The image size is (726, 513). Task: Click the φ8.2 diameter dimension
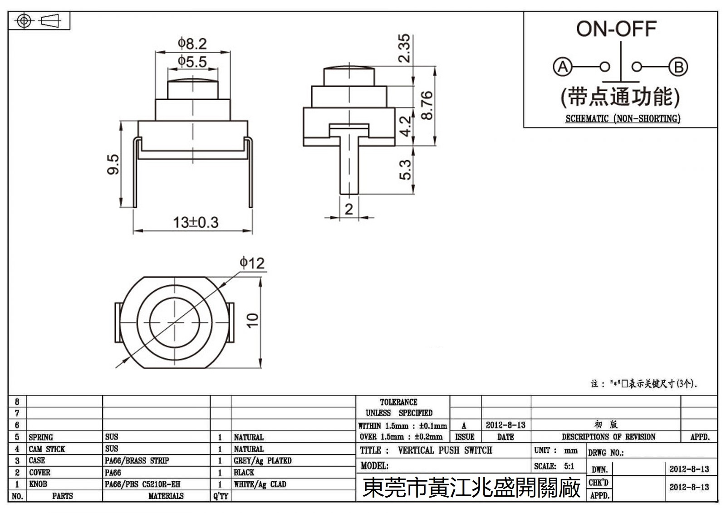pyautogui.click(x=192, y=44)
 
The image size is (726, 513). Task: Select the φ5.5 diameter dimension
pyautogui.click(x=192, y=61)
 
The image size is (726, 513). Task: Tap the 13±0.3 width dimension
pyautogui.click(x=196, y=222)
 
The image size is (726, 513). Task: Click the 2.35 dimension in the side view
pyautogui.click(x=404, y=48)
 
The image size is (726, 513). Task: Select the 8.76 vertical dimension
pyautogui.click(x=427, y=105)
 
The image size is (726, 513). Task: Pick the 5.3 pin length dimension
pyautogui.click(x=405, y=169)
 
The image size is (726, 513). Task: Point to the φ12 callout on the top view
pyautogui.click(x=252, y=263)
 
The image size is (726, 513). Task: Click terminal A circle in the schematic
pyautogui.click(x=563, y=67)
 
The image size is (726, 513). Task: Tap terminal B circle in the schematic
pyautogui.click(x=678, y=67)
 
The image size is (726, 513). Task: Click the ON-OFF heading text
pyautogui.click(x=616, y=29)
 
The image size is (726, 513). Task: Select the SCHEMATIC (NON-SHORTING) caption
pyautogui.click(x=623, y=119)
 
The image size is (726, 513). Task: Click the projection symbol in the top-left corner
pyautogui.click(x=39, y=21)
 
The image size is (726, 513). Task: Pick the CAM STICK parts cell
pyautogui.click(x=47, y=449)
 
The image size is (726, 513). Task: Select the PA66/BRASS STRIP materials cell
pyautogui.click(x=137, y=460)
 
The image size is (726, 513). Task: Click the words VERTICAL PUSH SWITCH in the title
pyautogui.click(x=445, y=450)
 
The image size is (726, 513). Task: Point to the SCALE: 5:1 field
pyautogui.click(x=554, y=466)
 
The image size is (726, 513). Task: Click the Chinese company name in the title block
pyautogui.click(x=471, y=488)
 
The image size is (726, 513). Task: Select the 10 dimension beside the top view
pyautogui.click(x=252, y=320)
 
